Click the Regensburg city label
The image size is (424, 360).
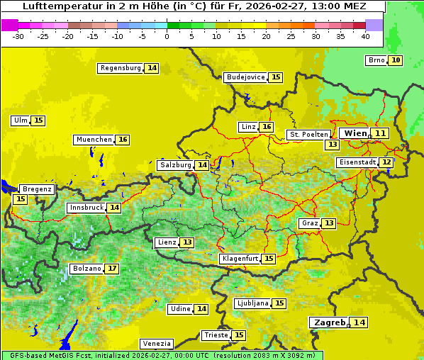click(x=121, y=68)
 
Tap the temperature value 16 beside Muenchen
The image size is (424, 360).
click(x=123, y=140)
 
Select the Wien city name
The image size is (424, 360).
click(x=355, y=133)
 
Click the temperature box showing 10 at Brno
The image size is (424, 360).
click(x=395, y=60)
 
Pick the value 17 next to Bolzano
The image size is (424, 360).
click(x=112, y=269)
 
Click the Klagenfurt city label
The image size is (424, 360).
click(x=239, y=259)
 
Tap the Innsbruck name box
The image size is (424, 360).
click(x=86, y=208)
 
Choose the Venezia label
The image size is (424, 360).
click(x=156, y=344)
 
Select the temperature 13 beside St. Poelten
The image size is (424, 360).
click(x=332, y=145)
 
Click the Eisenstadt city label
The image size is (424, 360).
click(x=357, y=162)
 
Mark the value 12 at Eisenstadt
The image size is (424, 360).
click(x=386, y=162)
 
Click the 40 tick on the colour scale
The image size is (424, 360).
click(x=365, y=35)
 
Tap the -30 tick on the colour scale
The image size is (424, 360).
click(x=18, y=35)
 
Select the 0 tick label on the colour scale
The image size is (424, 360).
click(x=167, y=35)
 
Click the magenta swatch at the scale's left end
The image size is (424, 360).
click(x=9, y=24)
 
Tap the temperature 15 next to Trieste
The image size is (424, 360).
click(x=239, y=335)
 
